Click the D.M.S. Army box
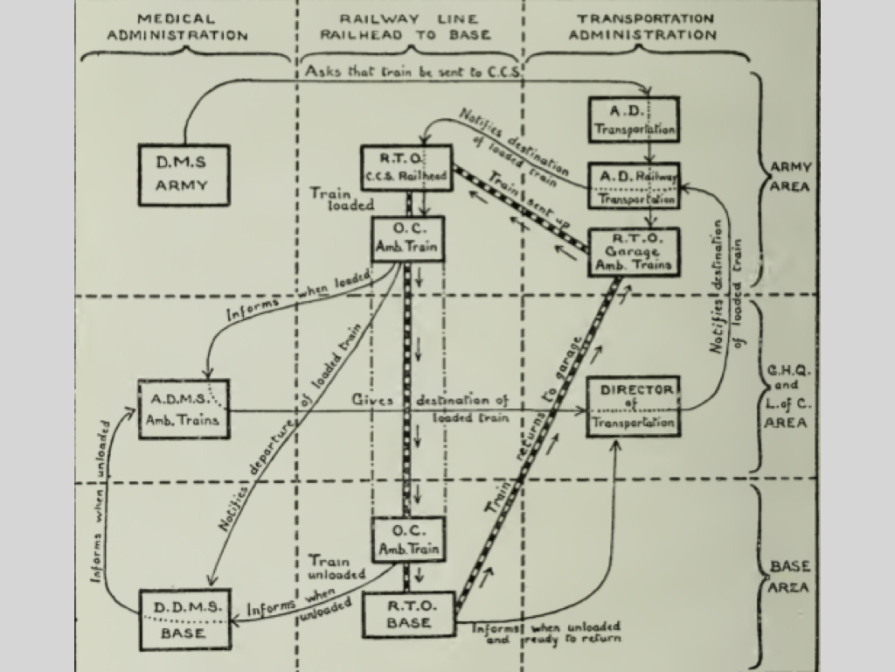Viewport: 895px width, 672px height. point(184,175)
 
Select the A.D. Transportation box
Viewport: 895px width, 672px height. point(646,120)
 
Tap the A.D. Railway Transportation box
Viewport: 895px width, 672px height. point(646,185)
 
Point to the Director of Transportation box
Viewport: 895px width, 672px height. point(633,406)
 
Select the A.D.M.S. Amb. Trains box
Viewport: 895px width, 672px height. point(184,409)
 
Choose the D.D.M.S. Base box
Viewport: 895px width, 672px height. point(184,619)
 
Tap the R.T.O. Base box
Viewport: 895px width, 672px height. point(409,614)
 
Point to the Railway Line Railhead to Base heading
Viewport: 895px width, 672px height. point(406,27)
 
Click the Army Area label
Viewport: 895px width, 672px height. point(791,178)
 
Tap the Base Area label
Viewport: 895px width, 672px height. point(789,577)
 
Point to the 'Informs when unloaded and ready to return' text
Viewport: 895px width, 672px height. point(546,632)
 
